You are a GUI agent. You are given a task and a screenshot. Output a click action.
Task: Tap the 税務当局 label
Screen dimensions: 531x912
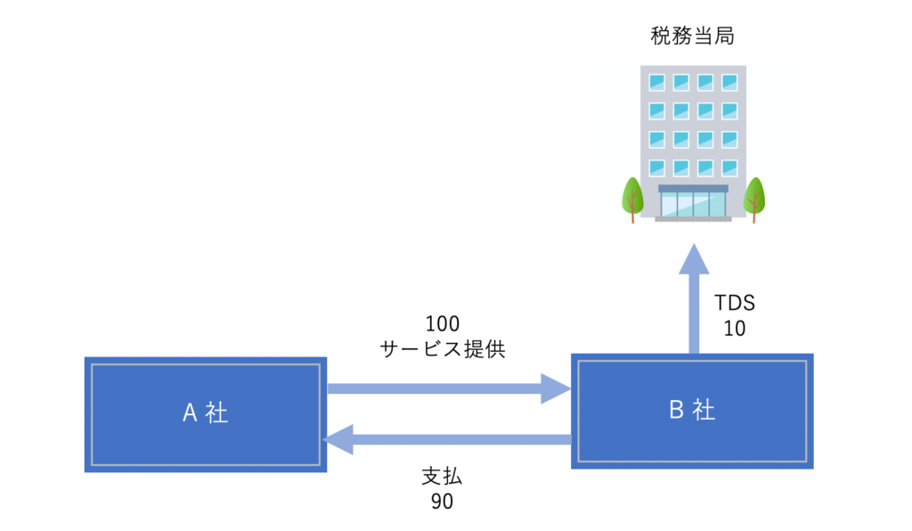pyautogui.click(x=692, y=37)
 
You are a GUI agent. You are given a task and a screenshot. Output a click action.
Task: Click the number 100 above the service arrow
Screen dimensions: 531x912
pyautogui.click(x=443, y=323)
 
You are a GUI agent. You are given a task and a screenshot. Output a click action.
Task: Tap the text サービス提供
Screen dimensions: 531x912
pyautogui.click(x=443, y=348)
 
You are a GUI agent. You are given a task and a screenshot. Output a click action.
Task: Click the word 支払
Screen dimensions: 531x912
pyautogui.click(x=442, y=476)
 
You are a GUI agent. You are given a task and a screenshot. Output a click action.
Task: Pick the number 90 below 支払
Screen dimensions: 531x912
pyautogui.click(x=442, y=502)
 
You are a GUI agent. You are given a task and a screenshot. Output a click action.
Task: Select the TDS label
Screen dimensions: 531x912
pyautogui.click(x=734, y=302)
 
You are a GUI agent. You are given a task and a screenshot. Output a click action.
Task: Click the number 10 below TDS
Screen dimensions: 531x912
pyautogui.click(x=734, y=328)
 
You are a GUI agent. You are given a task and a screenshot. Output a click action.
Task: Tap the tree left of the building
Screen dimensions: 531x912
pyautogui.click(x=631, y=198)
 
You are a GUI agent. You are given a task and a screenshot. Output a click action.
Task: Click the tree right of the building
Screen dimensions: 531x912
pyautogui.click(x=754, y=198)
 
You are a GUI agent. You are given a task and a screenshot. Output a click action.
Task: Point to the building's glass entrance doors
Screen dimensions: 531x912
pyautogui.click(x=692, y=203)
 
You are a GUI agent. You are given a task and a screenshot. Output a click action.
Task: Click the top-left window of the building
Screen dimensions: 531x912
pyautogui.click(x=656, y=82)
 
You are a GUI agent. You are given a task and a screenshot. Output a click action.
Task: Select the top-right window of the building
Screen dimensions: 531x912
pyautogui.click(x=729, y=82)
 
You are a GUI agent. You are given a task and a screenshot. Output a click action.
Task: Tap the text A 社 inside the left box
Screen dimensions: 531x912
pyautogui.click(x=205, y=413)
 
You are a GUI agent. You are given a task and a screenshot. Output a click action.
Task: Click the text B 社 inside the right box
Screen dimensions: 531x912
pyautogui.click(x=691, y=410)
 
